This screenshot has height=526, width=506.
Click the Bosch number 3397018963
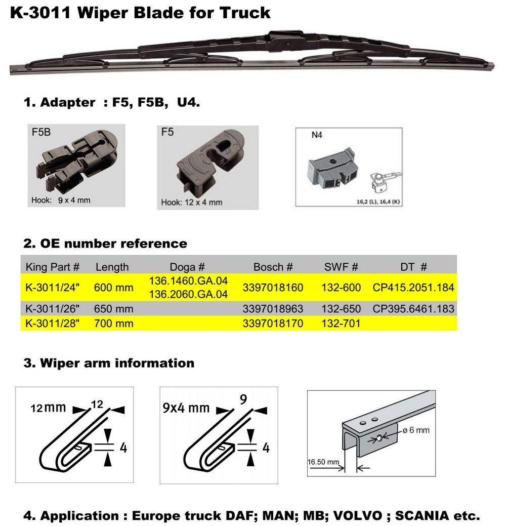pyautogui.click(x=273, y=309)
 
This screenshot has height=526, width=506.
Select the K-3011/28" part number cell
pyautogui.click(x=52, y=323)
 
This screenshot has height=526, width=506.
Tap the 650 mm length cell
pyautogui.click(x=113, y=309)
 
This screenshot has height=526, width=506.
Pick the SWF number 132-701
pyautogui.click(x=341, y=323)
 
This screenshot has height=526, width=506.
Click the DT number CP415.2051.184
pyautogui.click(x=413, y=288)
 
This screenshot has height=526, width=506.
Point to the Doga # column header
pyautogui.click(x=187, y=267)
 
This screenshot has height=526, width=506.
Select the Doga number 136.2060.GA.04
pyautogui.click(x=188, y=294)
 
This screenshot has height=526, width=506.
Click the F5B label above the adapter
pyautogui.click(x=41, y=132)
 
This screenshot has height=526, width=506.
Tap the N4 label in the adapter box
pyautogui.click(x=317, y=135)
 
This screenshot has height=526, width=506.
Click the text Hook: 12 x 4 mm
pyautogui.click(x=191, y=203)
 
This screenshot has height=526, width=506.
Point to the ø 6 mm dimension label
pyautogui.click(x=416, y=430)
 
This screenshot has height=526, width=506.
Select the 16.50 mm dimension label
pyautogui.click(x=323, y=462)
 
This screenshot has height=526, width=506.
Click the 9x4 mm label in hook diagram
pyautogui.click(x=186, y=408)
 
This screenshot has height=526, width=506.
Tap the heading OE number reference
pyautogui.click(x=114, y=244)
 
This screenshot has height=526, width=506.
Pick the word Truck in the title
pyautogui.click(x=245, y=13)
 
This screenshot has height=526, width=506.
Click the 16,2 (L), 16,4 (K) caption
pyautogui.click(x=378, y=201)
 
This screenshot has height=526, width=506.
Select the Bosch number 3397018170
pyautogui.click(x=273, y=323)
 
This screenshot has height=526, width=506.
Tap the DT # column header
pyautogui.click(x=413, y=267)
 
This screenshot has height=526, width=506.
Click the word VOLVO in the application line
pyautogui.click(x=358, y=515)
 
